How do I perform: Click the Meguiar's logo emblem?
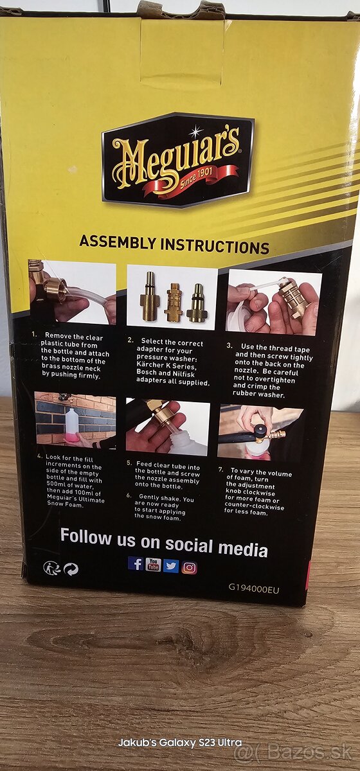[178, 160]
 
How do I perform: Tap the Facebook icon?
[136, 563]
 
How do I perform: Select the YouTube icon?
[153, 565]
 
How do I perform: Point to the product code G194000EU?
[254, 589]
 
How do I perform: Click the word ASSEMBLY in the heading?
[118, 242]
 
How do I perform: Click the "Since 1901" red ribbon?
[191, 180]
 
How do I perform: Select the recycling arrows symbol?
[71, 569]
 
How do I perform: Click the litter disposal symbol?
[51, 567]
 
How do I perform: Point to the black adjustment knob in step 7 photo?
[260, 430]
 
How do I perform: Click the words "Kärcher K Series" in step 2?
[166, 365]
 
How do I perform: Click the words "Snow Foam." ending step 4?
[65, 504]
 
